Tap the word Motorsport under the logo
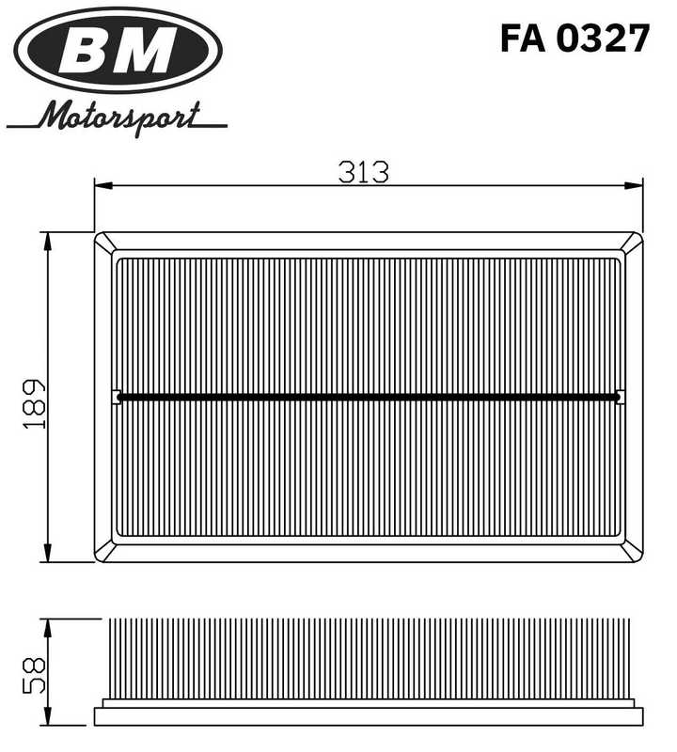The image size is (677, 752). pyautogui.click(x=120, y=118)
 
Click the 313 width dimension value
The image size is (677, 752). pyautogui.click(x=364, y=172)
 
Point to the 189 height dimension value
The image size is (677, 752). pyautogui.click(x=34, y=404)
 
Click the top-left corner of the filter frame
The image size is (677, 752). pyautogui.click(x=97, y=235)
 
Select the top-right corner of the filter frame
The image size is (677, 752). pyautogui.click(x=640, y=235)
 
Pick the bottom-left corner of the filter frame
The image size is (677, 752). pyautogui.click(x=97, y=559)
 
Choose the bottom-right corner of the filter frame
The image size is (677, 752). pyautogui.click(x=640, y=559)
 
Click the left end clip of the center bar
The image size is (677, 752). pyautogui.click(x=116, y=397)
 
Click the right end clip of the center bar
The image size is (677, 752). pyautogui.click(x=620, y=397)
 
